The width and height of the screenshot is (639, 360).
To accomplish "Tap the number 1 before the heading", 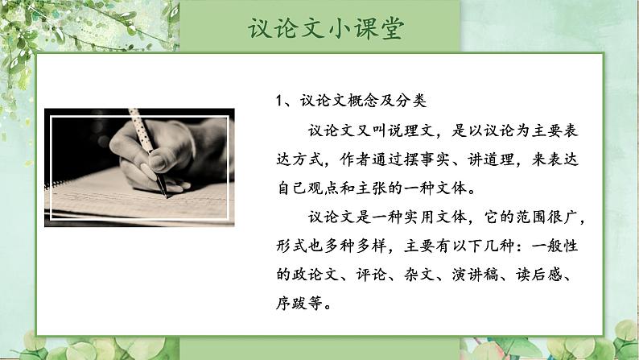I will (278, 101).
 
